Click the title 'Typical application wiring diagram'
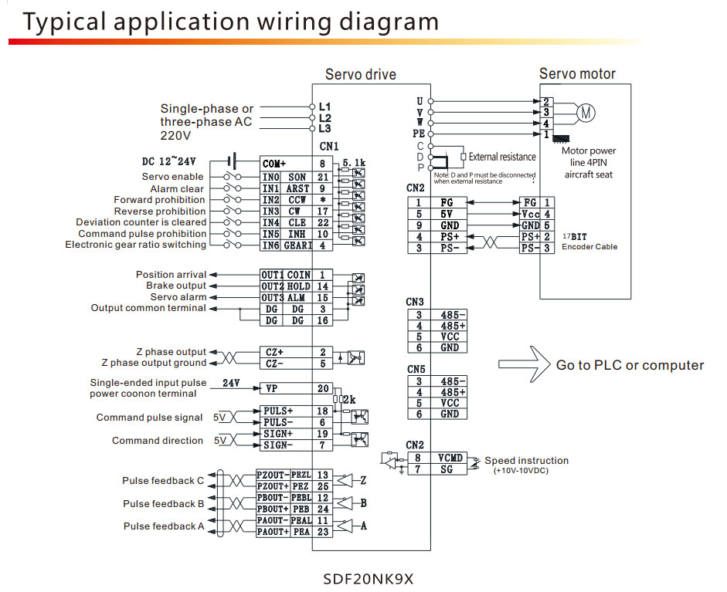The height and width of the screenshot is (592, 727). click(230, 21)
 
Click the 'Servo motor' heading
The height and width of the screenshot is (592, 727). click(577, 74)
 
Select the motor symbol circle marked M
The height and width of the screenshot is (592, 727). click(586, 113)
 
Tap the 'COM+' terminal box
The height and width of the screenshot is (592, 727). click(274, 164)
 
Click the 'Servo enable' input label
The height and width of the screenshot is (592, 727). click(173, 177)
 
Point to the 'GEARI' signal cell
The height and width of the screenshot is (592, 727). click(298, 245)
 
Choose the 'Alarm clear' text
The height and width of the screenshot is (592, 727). click(177, 188)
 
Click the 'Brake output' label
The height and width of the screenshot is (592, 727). click(176, 286)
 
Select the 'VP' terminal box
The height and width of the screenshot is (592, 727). click(273, 388)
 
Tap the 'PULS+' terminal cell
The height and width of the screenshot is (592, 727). click(276, 411)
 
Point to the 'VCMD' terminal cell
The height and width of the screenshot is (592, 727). click(450, 458)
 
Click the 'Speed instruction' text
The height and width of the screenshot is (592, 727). click(526, 461)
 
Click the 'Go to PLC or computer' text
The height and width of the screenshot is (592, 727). click(630, 365)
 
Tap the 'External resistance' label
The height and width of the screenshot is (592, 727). click(501, 157)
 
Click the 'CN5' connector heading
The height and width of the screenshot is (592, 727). click(416, 369)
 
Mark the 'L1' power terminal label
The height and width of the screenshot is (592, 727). click(324, 106)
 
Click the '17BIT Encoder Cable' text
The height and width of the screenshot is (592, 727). click(589, 242)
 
